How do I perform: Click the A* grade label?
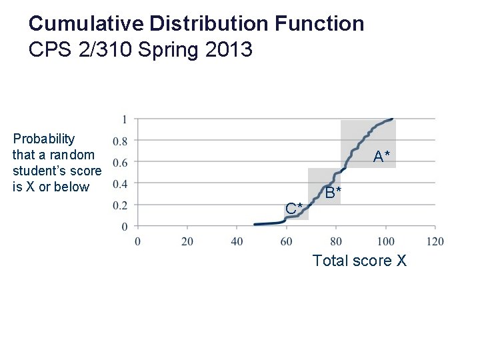[x=382, y=157]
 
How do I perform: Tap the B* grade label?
[x=334, y=193]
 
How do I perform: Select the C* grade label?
[x=294, y=208]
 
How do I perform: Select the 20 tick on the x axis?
[x=187, y=241]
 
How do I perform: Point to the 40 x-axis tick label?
[x=237, y=241]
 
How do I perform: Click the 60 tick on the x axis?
[x=287, y=241]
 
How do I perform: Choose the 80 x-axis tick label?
[x=336, y=241]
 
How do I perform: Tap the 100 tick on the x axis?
[x=386, y=241]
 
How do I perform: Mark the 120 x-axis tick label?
[x=435, y=241]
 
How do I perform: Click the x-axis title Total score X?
[x=359, y=260]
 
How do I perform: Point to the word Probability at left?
[x=44, y=139]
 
